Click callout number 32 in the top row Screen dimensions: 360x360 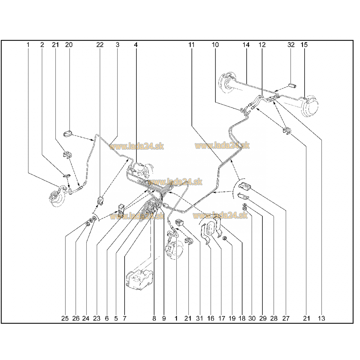coord(291,45)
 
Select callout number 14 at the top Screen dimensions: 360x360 coord(246,45)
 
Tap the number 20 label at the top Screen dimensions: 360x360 coord(69,45)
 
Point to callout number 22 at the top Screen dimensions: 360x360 coord(100,45)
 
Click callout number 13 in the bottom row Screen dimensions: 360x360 coord(321,318)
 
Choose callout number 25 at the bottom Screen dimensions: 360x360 coord(65,318)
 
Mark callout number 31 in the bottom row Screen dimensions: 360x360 coord(199,318)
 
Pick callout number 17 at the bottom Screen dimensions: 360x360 coord(221,318)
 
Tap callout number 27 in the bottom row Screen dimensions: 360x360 coord(286,318)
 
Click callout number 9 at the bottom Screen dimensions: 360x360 coord(164,318)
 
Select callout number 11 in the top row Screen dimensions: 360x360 coord(191,45)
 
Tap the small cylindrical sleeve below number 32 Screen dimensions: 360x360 coord(292,86)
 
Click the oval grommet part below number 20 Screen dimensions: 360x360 coord(68,134)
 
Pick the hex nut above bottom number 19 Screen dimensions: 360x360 coord(225,238)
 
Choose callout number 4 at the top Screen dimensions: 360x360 coord(136,45)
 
